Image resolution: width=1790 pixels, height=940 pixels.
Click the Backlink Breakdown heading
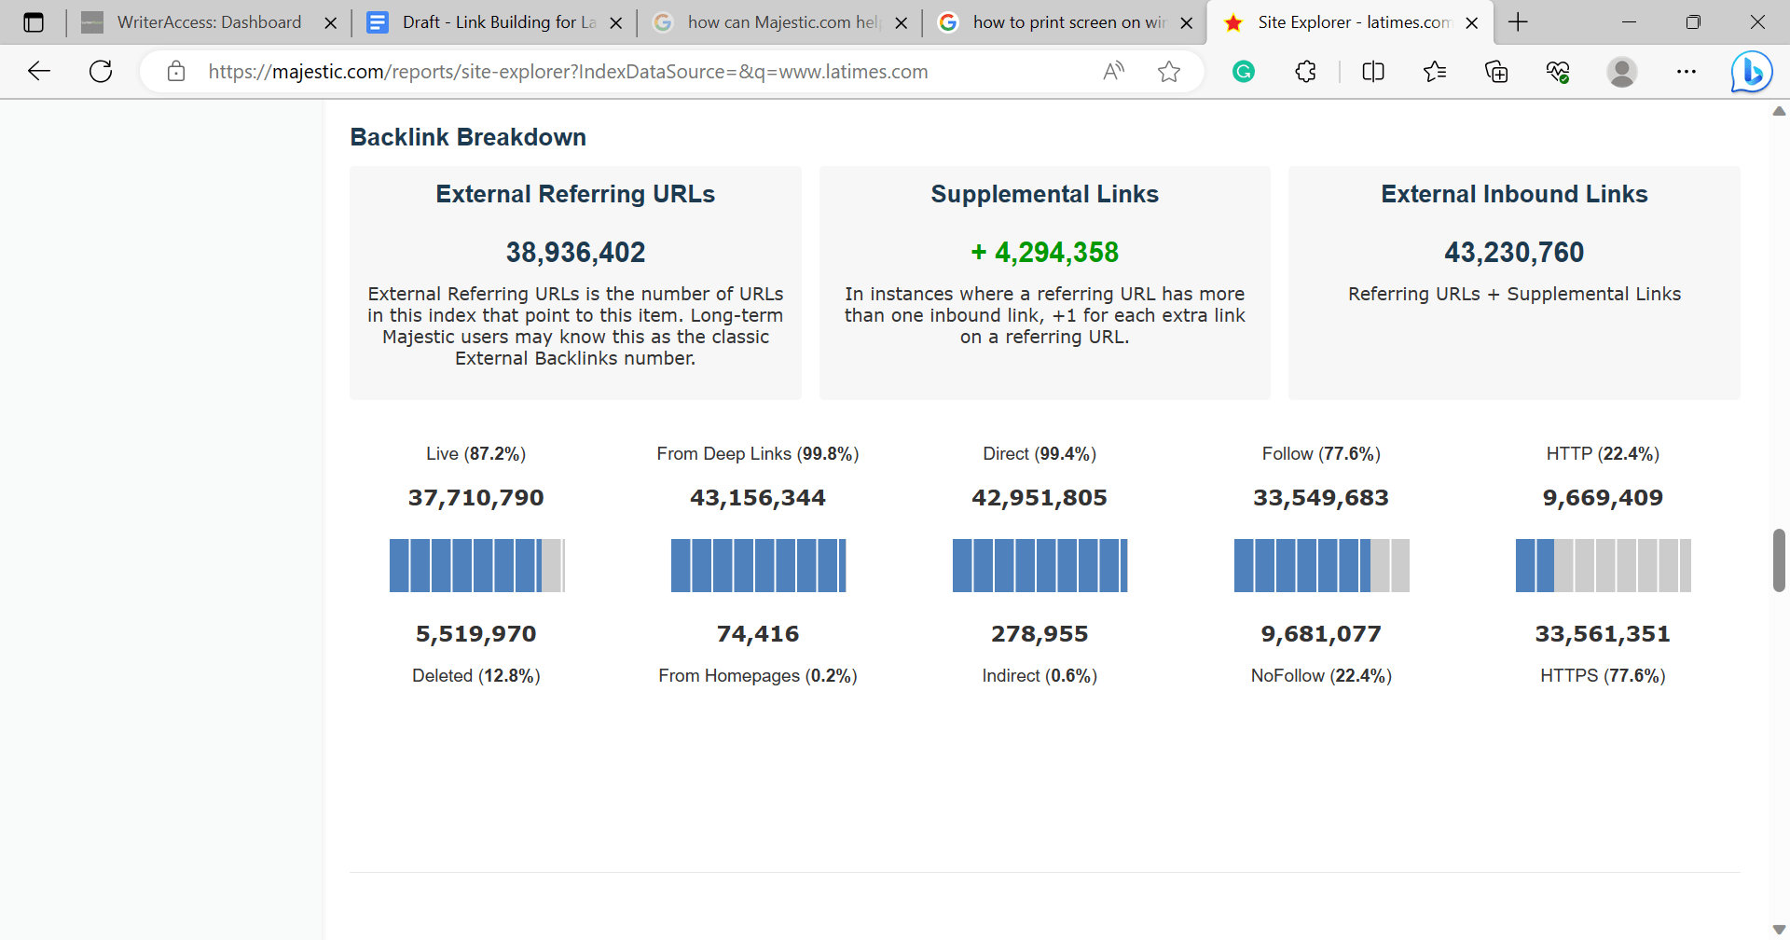pyautogui.click(x=468, y=137)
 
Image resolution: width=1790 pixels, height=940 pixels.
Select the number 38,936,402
pyautogui.click(x=575, y=252)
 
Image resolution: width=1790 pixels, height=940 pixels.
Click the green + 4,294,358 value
pyautogui.click(x=1044, y=252)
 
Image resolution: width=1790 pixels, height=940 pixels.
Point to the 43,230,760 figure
pyautogui.click(x=1514, y=252)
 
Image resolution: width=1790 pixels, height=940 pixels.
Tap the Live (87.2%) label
pyautogui.click(x=475, y=454)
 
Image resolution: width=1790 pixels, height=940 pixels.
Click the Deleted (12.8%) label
pyautogui.click(x=475, y=676)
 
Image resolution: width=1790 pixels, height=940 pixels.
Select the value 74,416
pyautogui.click(x=758, y=634)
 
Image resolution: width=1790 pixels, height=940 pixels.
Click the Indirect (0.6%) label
pyautogui.click(x=1040, y=676)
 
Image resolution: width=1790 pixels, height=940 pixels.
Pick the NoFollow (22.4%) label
pyautogui.click(x=1321, y=676)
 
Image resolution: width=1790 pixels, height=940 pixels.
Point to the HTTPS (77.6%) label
pyautogui.click(x=1603, y=676)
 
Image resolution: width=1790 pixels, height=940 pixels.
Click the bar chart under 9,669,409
pyautogui.click(x=1603, y=565)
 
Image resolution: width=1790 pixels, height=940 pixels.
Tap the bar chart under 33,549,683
pyautogui.click(x=1321, y=565)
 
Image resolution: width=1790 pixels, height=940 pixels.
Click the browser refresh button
pyautogui.click(x=101, y=71)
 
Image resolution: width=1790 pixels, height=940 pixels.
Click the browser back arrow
pyautogui.click(x=39, y=71)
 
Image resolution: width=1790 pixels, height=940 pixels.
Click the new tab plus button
pyautogui.click(x=1518, y=22)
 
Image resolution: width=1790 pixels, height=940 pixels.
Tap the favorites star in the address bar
pyautogui.click(x=1169, y=71)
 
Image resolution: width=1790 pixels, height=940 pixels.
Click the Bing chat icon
pyautogui.click(x=1751, y=71)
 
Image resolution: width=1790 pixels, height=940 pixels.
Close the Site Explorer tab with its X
pyautogui.click(x=1472, y=23)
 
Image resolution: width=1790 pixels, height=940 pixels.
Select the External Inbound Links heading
pyautogui.click(x=1514, y=194)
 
